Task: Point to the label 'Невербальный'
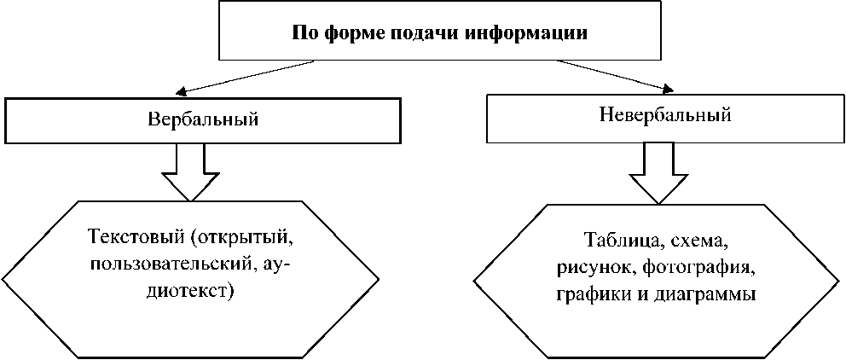(666, 115)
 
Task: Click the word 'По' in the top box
(304, 33)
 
